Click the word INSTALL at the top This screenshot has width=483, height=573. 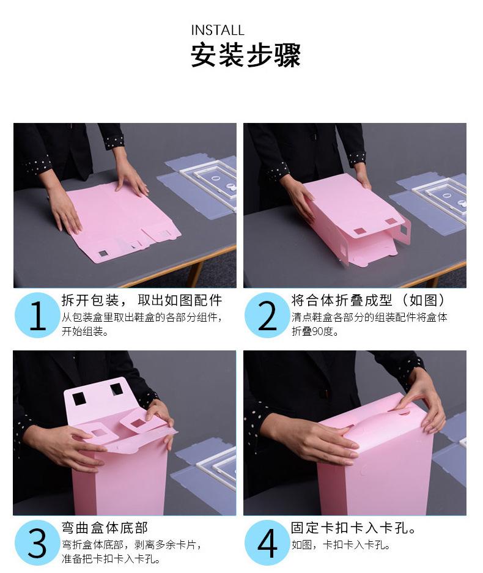[x=218, y=31]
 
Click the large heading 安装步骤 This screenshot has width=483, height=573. [x=246, y=55]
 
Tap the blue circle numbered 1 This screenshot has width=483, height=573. [x=37, y=315]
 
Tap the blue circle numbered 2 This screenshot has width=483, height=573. [x=267, y=315]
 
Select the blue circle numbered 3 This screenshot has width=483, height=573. [x=37, y=542]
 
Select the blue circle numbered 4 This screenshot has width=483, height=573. [x=267, y=542]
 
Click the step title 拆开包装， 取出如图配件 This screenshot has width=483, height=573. [x=142, y=300]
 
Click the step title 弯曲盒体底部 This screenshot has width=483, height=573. [x=105, y=528]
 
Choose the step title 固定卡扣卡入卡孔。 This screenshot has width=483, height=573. [x=353, y=528]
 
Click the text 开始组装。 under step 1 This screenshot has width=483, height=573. [x=85, y=331]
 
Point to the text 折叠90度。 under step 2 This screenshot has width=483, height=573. [x=315, y=331]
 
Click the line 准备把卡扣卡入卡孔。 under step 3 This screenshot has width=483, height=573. [x=111, y=559]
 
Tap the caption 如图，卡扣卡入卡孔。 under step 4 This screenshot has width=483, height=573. [x=341, y=545]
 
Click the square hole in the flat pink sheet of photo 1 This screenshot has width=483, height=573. [x=103, y=254]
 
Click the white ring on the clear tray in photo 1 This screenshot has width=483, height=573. [x=216, y=179]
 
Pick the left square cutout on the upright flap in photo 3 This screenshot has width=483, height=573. [x=79, y=399]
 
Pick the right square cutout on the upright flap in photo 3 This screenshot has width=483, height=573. [x=117, y=389]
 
